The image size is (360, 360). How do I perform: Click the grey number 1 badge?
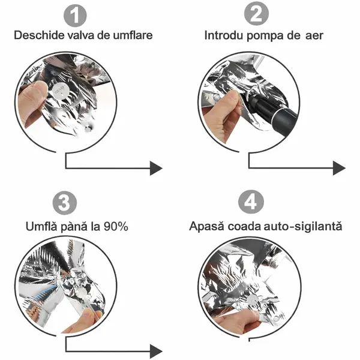coord(75,16)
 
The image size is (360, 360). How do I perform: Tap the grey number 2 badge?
coord(256,13)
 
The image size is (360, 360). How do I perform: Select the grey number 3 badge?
coord(65,203)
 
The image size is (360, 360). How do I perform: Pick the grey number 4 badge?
coord(251,202)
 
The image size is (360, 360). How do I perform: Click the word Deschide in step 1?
coord(39,35)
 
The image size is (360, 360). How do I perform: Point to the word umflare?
coord(133,35)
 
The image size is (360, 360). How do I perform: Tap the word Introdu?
coord(224,35)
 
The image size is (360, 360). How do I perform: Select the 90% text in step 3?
coord(116,227)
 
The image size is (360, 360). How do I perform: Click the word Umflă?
coord(41,226)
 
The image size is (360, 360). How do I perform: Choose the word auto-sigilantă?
coord(303,226)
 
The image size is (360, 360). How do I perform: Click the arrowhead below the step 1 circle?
coord(156,168)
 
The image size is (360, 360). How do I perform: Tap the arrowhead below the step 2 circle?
coord(339,168)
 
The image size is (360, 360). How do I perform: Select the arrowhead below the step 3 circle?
coord(156,351)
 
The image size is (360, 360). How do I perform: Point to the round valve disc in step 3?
coord(82,294)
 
